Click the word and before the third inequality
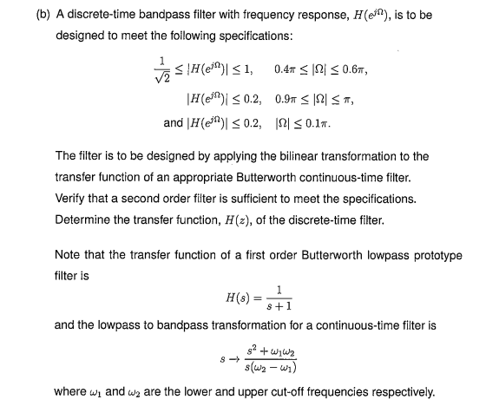(173, 123)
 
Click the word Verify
(70, 200)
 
